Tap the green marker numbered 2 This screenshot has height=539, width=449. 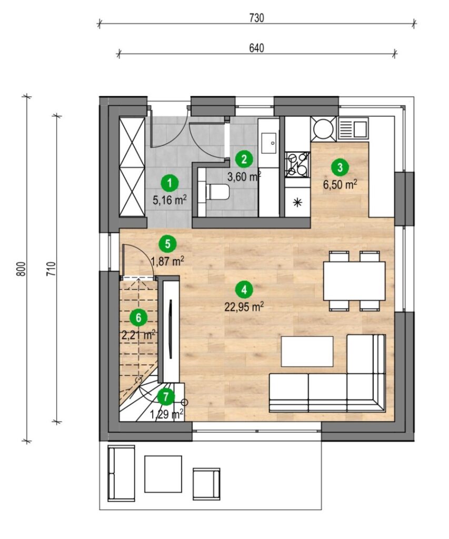(x=244, y=159)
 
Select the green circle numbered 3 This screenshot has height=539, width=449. (x=340, y=168)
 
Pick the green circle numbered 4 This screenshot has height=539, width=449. (x=244, y=290)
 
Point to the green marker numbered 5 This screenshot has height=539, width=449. (x=167, y=244)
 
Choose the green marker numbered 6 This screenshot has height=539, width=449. (x=138, y=318)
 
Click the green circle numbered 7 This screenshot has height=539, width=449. (x=166, y=397)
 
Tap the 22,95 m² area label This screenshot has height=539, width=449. (x=244, y=307)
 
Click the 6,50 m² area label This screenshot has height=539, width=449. (x=340, y=184)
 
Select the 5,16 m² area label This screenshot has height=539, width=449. (x=170, y=200)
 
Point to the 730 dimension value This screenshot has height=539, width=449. (x=256, y=18)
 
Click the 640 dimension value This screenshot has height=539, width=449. (x=256, y=48)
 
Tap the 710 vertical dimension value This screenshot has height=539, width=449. (x=51, y=268)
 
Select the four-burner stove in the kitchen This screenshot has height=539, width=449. (x=298, y=165)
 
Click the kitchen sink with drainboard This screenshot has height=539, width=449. (x=353, y=128)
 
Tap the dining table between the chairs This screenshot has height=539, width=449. (x=354, y=281)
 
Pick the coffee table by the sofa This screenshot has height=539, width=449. (x=307, y=352)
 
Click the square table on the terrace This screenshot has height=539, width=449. (x=163, y=474)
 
